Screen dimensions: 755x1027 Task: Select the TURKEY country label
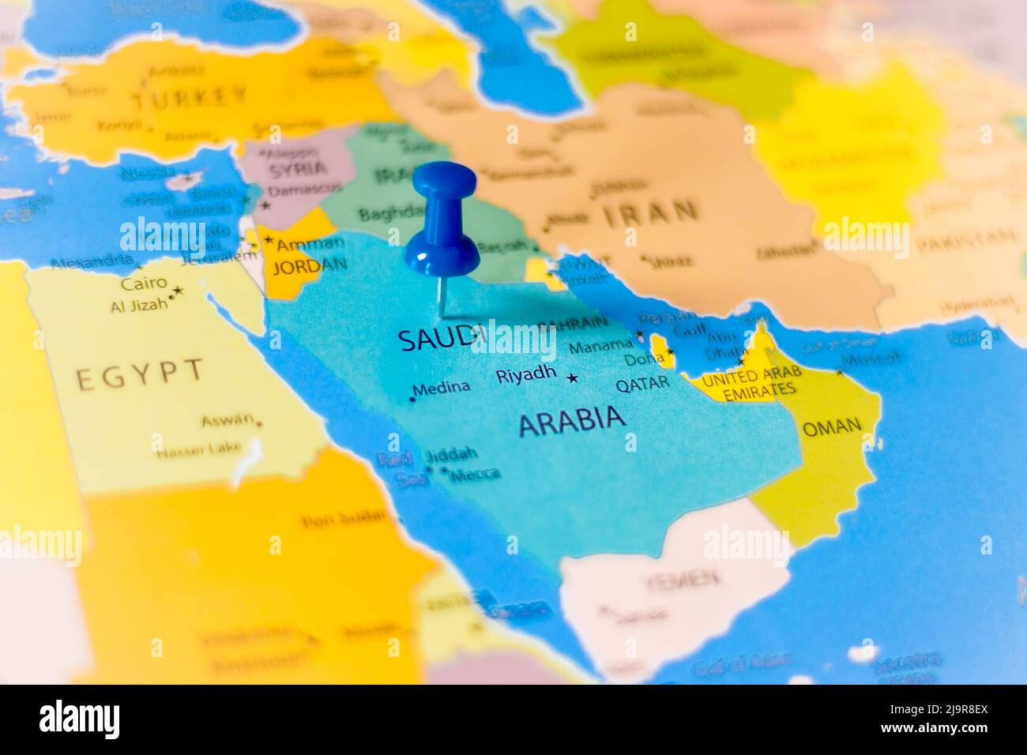coord(190,99)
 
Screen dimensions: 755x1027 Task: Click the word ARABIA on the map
coord(571,420)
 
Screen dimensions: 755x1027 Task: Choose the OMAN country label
coord(832,427)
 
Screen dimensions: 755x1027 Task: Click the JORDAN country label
coord(309,265)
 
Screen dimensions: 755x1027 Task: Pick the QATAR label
coord(642,384)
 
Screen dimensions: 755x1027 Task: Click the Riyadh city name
coord(526,374)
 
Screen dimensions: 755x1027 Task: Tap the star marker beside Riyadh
coord(573,378)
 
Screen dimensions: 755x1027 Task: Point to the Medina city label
coord(442,388)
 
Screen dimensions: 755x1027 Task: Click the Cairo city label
coord(144,283)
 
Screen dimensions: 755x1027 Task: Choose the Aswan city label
coord(228,420)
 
